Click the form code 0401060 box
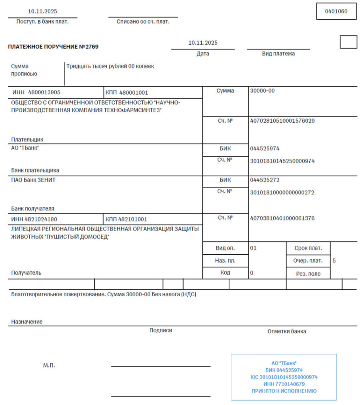click(x=336, y=11)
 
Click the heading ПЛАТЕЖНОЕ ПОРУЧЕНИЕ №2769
click(x=53, y=47)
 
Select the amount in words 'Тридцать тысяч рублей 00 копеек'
click(x=110, y=66)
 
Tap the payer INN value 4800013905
click(x=44, y=93)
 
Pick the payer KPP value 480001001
click(x=134, y=93)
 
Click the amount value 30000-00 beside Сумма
click(x=262, y=91)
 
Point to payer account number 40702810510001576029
click(x=282, y=121)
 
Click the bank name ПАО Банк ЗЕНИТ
click(x=34, y=180)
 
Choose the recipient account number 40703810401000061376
click(x=282, y=218)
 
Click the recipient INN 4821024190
click(x=44, y=219)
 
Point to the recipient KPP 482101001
click(x=134, y=219)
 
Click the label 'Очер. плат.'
click(x=309, y=261)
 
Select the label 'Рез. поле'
click(x=309, y=273)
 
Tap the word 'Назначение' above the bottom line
click(x=27, y=322)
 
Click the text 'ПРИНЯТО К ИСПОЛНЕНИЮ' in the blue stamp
click(x=284, y=391)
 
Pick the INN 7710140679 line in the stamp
click(x=284, y=384)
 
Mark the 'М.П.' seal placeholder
click(x=49, y=365)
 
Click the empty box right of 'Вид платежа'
click(x=348, y=42)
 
